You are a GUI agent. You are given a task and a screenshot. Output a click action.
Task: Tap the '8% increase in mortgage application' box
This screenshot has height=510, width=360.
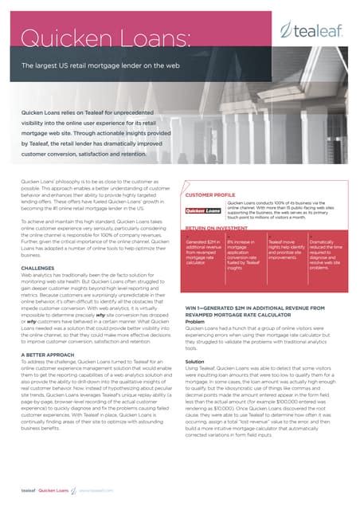242,257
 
